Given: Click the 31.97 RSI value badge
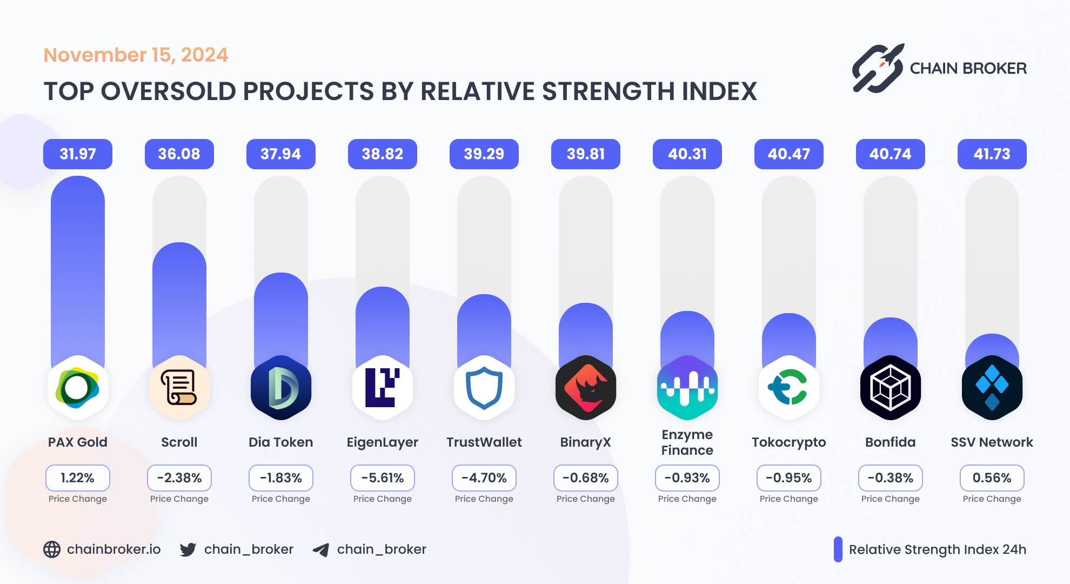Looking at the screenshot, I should [x=78, y=154].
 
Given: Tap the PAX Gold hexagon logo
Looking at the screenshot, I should [x=78, y=388].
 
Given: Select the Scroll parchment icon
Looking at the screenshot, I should [x=179, y=388].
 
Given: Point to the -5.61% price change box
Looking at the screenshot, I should [x=383, y=478].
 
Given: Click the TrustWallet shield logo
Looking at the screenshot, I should [x=484, y=388].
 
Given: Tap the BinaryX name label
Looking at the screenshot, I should [x=586, y=442].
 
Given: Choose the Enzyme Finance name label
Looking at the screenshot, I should [x=687, y=442].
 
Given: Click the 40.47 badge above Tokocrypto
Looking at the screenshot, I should [x=789, y=154].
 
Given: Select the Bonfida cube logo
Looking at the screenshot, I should [x=891, y=388].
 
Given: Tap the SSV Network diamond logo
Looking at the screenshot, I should [x=992, y=388].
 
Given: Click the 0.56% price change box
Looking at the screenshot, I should [x=992, y=478].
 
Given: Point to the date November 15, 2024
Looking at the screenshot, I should [x=136, y=55].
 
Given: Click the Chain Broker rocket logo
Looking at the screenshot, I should [x=878, y=69].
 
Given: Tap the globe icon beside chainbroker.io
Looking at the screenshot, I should [x=52, y=549].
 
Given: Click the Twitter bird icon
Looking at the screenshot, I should [x=188, y=549].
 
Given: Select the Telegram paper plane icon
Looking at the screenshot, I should [x=321, y=550].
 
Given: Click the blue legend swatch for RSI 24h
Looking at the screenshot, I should [x=838, y=549].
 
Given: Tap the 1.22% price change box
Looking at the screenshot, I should [x=78, y=478].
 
